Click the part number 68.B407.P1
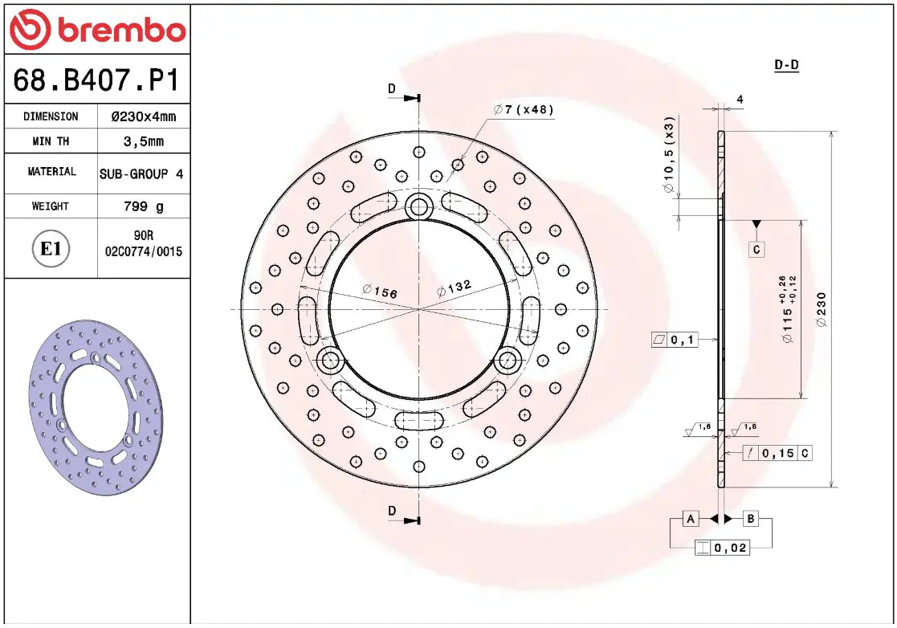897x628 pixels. [96, 80]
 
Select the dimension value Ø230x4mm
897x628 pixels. [143, 116]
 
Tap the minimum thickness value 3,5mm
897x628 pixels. [143, 141]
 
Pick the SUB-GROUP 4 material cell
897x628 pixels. [141, 173]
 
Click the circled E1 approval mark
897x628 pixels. [51, 249]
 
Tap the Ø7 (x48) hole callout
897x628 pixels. [524, 109]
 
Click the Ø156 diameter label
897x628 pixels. [380, 292]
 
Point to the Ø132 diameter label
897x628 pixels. [454, 287]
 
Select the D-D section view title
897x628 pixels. [786, 65]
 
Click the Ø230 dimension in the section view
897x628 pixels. [821, 308]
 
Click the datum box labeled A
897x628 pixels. [690, 519]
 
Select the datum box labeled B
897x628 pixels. [751, 519]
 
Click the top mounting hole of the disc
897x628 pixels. [418, 207]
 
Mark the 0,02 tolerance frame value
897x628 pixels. [731, 548]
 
